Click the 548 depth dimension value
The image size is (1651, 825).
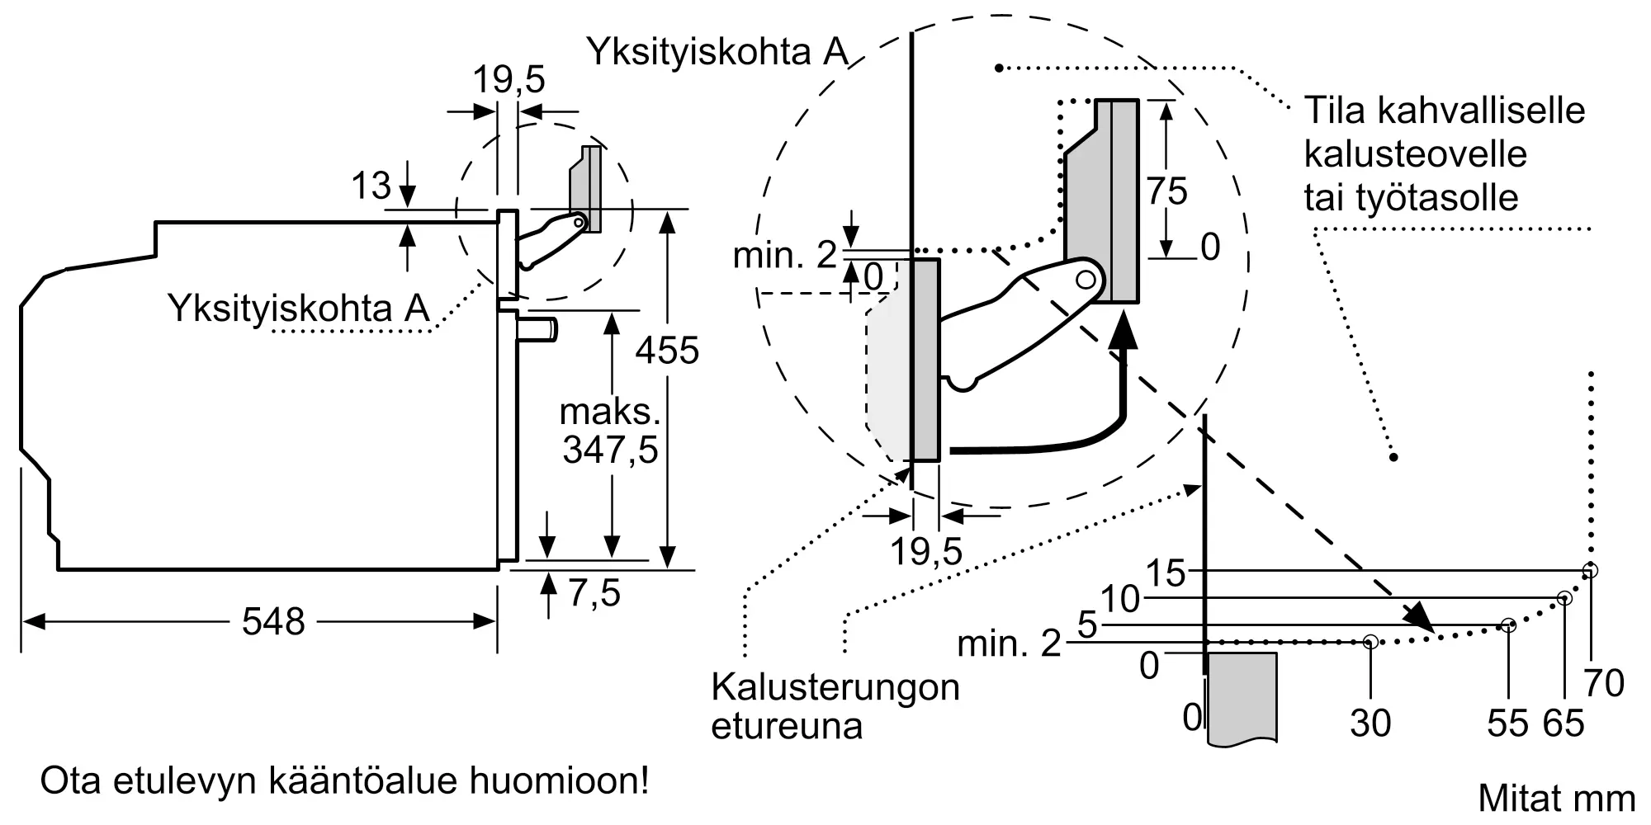click(273, 621)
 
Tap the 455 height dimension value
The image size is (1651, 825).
click(667, 351)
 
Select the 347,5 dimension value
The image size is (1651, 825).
click(610, 450)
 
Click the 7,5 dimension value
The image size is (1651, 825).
click(594, 593)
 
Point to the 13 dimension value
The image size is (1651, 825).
click(371, 186)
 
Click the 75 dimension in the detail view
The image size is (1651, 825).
click(1166, 191)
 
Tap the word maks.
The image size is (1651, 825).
click(610, 412)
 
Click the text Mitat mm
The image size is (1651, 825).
click(1556, 799)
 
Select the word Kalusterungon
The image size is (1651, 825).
click(835, 687)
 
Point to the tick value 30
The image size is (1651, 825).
click(1370, 724)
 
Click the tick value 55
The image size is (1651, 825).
click(1507, 724)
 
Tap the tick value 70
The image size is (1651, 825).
click(1604, 683)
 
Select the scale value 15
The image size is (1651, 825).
click(1166, 573)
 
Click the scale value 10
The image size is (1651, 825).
click(1120, 599)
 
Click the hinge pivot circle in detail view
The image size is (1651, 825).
click(1086, 280)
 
